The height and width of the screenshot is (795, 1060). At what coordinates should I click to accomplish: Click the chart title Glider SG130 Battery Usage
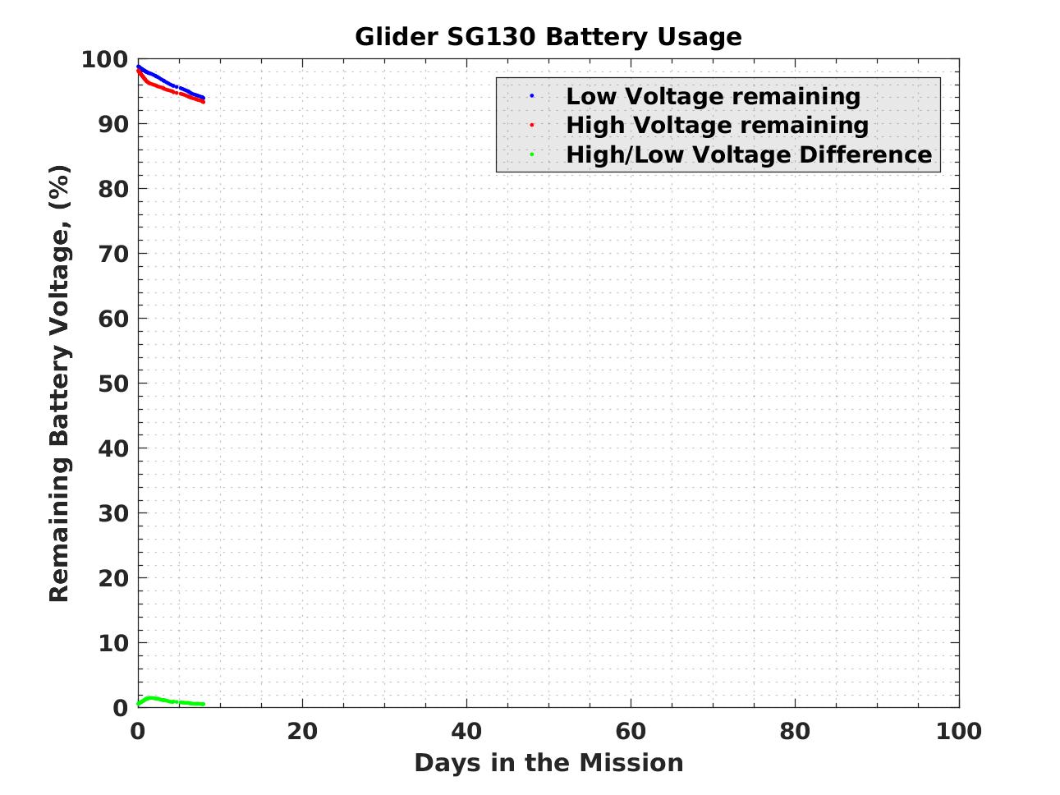548,37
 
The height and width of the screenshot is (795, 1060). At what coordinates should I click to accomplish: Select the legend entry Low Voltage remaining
713,96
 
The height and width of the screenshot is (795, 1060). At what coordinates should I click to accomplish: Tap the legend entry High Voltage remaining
717,125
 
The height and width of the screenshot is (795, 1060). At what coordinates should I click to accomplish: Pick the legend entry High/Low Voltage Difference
749,154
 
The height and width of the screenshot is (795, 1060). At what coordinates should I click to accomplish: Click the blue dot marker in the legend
532,96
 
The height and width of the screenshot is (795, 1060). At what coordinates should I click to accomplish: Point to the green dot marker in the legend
532,154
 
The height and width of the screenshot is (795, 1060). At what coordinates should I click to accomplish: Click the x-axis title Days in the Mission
548,763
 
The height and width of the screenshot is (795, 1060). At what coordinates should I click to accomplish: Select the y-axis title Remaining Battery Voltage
60,384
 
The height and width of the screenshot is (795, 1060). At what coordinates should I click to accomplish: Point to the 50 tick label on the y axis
113,384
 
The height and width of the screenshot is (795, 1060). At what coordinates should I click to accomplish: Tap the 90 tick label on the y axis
113,124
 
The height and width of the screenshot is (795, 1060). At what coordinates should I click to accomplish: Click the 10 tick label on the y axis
113,643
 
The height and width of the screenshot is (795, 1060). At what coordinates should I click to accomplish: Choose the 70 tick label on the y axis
113,254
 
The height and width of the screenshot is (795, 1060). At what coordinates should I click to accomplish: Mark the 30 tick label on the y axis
113,513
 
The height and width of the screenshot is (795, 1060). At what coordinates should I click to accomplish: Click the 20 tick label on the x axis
302,731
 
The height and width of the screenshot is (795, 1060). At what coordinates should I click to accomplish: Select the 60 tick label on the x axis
631,731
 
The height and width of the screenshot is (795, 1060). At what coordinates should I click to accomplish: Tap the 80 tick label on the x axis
795,731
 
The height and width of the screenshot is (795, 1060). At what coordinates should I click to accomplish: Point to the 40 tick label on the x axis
466,731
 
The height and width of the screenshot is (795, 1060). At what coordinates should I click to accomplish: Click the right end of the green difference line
203,704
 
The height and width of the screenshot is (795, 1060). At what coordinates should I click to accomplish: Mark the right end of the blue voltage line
203,99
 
